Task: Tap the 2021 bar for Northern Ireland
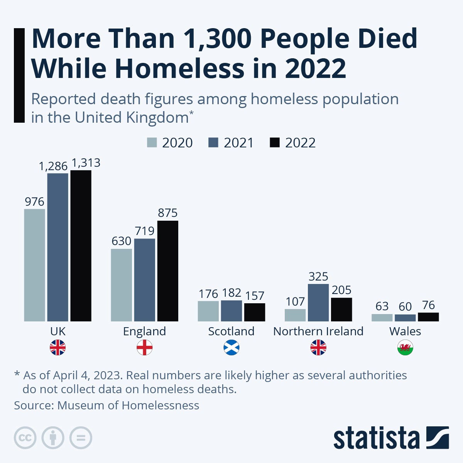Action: coord(318,302)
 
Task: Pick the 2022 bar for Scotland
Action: coord(255,312)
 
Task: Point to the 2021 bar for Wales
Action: coord(405,318)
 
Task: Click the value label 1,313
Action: coord(86,163)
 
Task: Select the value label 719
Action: coord(145,231)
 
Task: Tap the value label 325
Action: coord(318,276)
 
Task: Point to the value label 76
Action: coord(428,305)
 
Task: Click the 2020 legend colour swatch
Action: coord(152,142)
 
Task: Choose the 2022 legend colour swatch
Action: coord(274,142)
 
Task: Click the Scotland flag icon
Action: coord(231,348)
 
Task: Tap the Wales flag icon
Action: coord(405,348)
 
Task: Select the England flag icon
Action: coord(145,348)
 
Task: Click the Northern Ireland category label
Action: coord(318,331)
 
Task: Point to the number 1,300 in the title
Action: coord(218,39)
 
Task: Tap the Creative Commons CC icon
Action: coord(25,438)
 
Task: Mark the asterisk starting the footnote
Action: coord(17,374)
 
